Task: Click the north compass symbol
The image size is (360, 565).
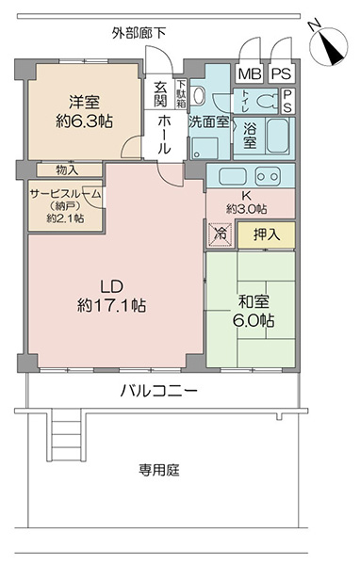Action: pyautogui.click(x=328, y=46)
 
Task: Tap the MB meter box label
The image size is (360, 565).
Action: pyautogui.click(x=250, y=73)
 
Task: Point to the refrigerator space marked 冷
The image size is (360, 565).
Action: pyautogui.click(x=220, y=234)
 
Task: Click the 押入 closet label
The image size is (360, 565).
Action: pyautogui.click(x=267, y=234)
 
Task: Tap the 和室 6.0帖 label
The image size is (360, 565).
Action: pyautogui.click(x=254, y=312)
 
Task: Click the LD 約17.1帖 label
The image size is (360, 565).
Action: pyautogui.click(x=112, y=297)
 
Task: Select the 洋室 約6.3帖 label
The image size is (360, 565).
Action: pyautogui.click(x=85, y=112)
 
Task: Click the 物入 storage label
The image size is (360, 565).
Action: pyautogui.click(x=67, y=170)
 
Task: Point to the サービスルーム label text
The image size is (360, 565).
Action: pyautogui.click(x=65, y=195)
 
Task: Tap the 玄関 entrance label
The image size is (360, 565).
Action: pyautogui.click(x=160, y=94)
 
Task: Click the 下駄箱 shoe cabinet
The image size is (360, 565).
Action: pyautogui.click(x=181, y=94)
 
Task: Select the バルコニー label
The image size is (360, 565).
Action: pyautogui.click(x=158, y=390)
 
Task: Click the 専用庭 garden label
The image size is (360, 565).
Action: pyautogui.click(x=159, y=470)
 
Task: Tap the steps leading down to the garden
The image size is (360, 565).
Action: pyautogui.click(x=66, y=435)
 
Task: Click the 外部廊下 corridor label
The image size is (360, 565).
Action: pyautogui.click(x=139, y=34)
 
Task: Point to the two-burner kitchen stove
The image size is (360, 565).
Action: pyautogui.click(x=268, y=176)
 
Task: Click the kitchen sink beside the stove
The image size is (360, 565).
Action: pyautogui.click(x=234, y=176)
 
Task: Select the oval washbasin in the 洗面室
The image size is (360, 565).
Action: pyautogui.click(x=199, y=95)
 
